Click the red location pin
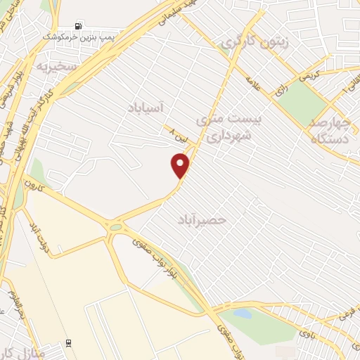click(x=181, y=165)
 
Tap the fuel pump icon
click(x=77, y=27)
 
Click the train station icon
click(x=68, y=342)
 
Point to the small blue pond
click(x=242, y=314)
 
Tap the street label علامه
click(x=254, y=84)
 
